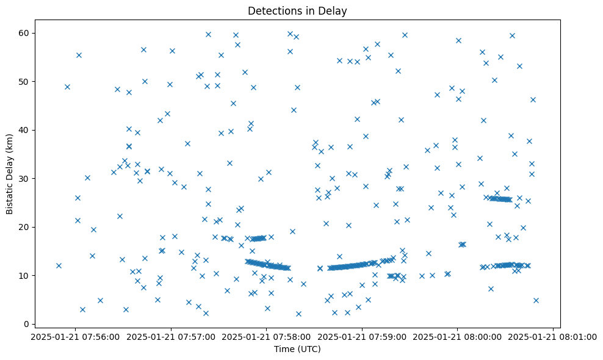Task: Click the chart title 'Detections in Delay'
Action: (297, 11)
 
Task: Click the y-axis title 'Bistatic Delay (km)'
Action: (10, 173)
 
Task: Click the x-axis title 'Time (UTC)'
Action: (297, 349)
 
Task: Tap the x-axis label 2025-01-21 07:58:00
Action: (267, 336)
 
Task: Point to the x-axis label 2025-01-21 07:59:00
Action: (362, 336)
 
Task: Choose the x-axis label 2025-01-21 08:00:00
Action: (458, 336)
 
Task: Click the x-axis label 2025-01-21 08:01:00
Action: (553, 336)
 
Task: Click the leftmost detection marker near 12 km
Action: (59, 265)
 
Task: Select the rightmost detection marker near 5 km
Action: (536, 300)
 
